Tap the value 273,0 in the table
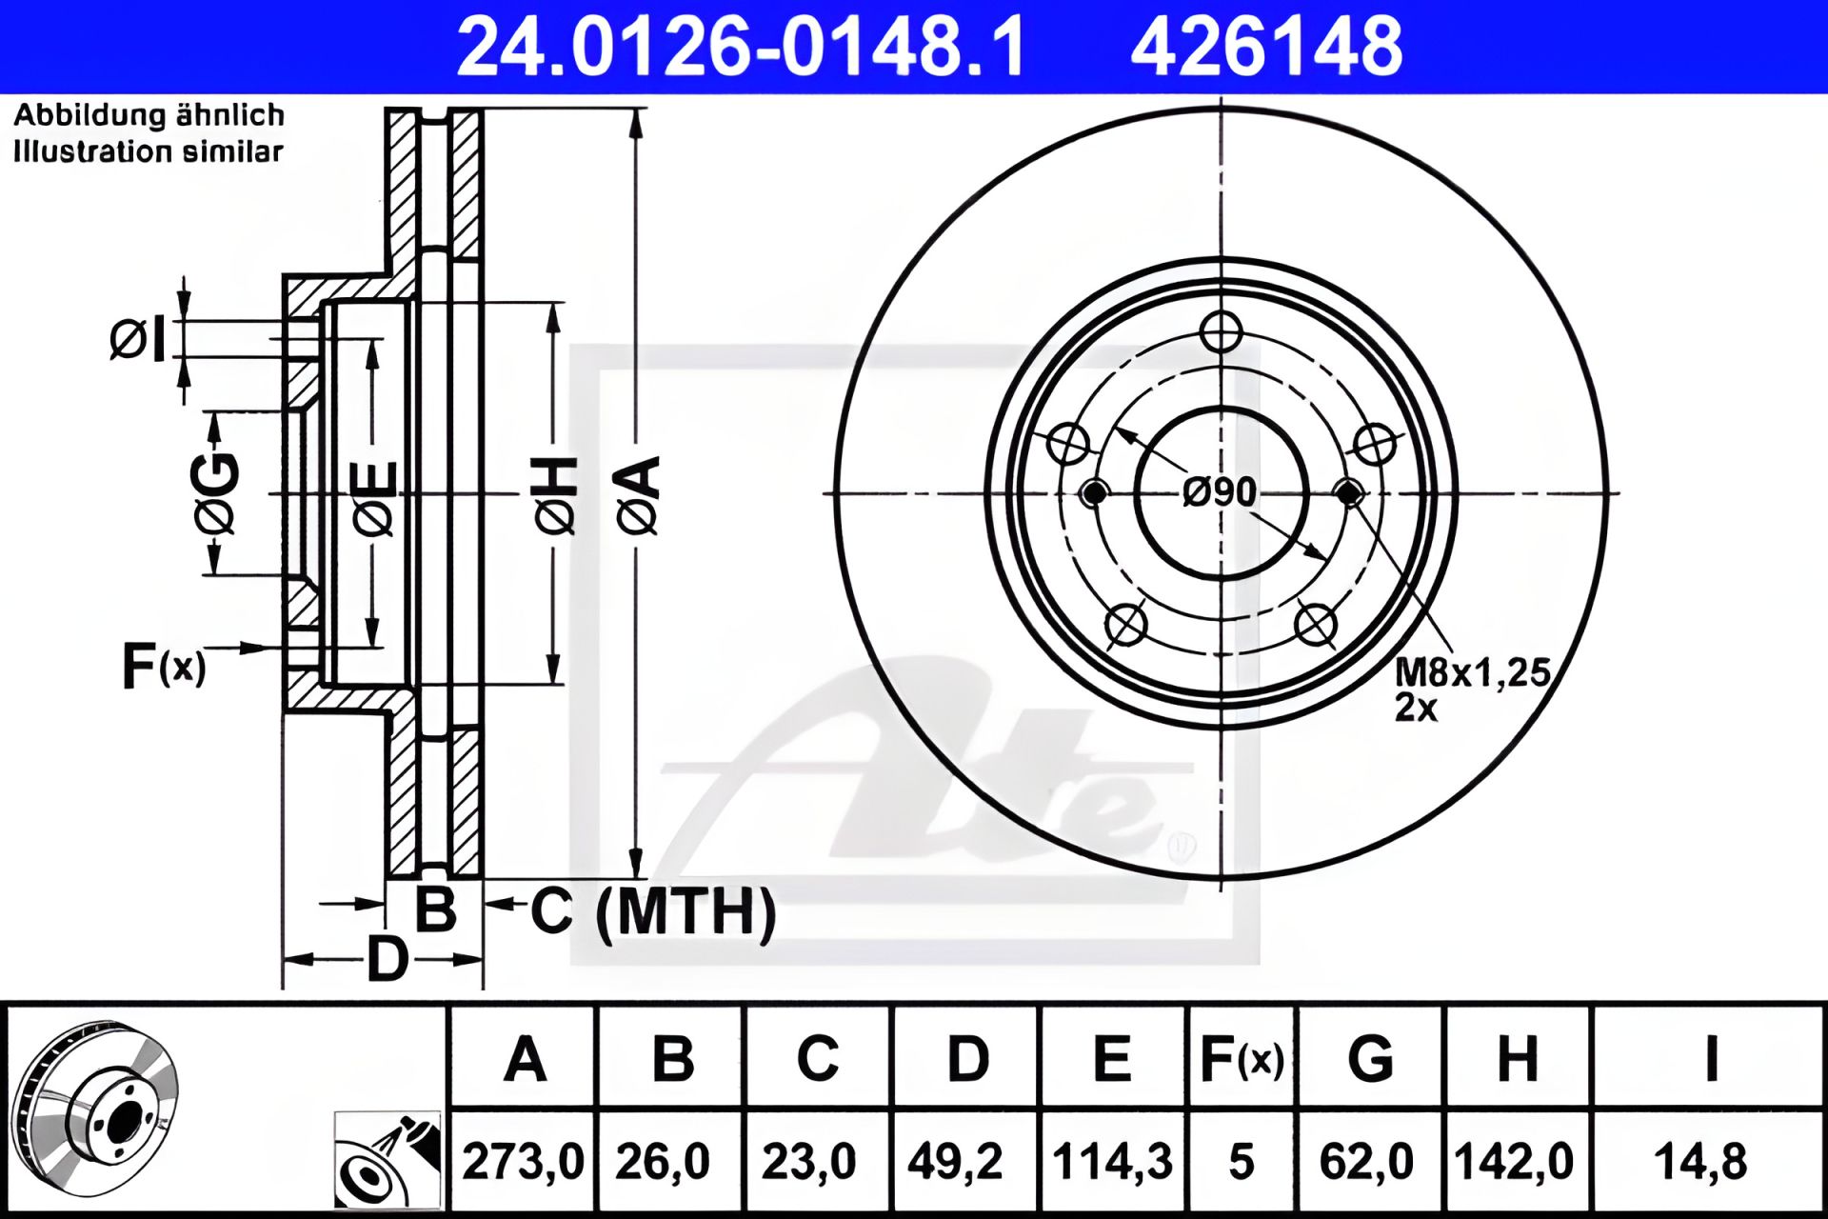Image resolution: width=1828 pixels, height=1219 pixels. pyautogui.click(x=523, y=1162)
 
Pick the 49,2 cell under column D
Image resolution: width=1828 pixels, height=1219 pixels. pyautogui.click(x=955, y=1162)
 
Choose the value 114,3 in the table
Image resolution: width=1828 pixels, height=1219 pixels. pyautogui.click(x=1112, y=1162)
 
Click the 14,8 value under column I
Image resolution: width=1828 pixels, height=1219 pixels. pyautogui.click(x=1700, y=1162)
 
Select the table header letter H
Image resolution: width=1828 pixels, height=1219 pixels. pyautogui.click(x=1518, y=1058)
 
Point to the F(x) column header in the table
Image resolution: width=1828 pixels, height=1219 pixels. pyautogui.click(x=1242, y=1058)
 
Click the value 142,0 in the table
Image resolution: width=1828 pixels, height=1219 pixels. pyautogui.click(x=1515, y=1162)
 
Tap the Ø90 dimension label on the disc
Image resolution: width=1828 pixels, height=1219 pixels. pyautogui.click(x=1220, y=491)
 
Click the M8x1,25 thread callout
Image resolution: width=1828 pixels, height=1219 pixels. pyautogui.click(x=1472, y=672)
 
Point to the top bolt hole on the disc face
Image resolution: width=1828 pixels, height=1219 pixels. pyautogui.click(x=1221, y=332)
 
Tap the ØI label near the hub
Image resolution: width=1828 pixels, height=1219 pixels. pyautogui.click(x=138, y=340)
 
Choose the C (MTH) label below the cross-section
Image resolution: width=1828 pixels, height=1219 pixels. pyautogui.click(x=653, y=911)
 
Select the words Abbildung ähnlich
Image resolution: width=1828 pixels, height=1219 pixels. pyautogui.click(x=149, y=115)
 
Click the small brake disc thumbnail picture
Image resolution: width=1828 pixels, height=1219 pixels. pyautogui.click(x=98, y=1108)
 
